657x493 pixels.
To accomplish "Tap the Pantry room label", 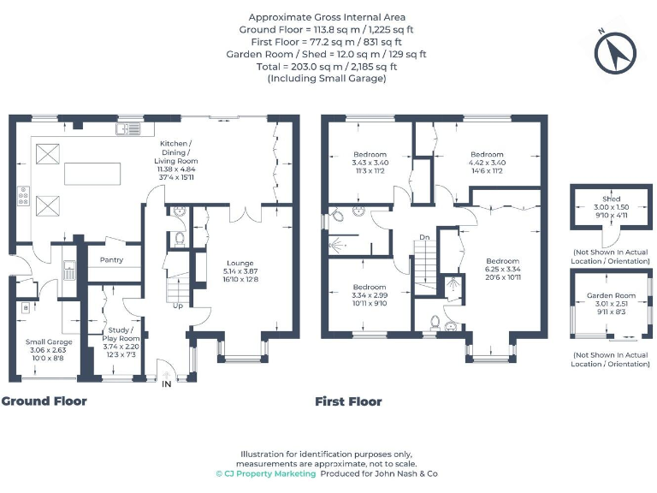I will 111,260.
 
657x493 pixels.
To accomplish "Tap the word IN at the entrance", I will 166,385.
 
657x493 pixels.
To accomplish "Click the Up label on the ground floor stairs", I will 177,306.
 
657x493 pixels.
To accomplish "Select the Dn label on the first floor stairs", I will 423,237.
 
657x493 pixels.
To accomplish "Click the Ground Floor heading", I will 44,401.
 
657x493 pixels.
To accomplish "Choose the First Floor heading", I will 348,401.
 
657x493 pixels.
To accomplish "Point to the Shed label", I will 611,199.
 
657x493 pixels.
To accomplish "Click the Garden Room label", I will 611,295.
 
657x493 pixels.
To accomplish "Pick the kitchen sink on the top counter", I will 128,130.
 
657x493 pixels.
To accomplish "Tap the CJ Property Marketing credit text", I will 265,473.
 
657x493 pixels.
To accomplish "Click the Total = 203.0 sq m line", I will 328,66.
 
